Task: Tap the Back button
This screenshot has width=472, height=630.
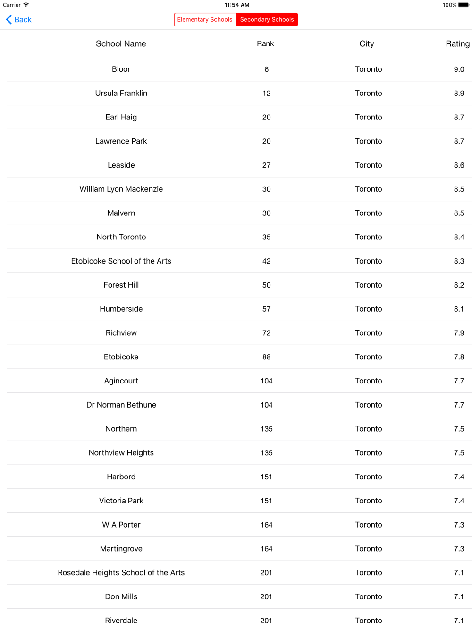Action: pyautogui.click(x=19, y=19)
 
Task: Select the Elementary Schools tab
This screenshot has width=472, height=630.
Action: pyautogui.click(x=205, y=19)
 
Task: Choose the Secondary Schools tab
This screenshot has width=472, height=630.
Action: pyautogui.click(x=267, y=19)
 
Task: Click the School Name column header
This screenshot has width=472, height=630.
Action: pyautogui.click(x=121, y=43)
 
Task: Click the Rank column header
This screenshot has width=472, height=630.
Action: pyautogui.click(x=265, y=43)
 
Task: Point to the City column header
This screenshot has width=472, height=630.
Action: pyautogui.click(x=367, y=43)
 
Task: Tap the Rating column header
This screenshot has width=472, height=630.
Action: pyautogui.click(x=457, y=43)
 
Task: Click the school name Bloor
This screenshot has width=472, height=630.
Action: pyautogui.click(x=121, y=69)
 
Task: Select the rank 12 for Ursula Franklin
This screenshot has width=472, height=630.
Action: pyautogui.click(x=266, y=93)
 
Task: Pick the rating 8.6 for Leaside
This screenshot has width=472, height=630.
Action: pyautogui.click(x=459, y=165)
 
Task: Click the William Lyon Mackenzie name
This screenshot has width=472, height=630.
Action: pyautogui.click(x=121, y=189)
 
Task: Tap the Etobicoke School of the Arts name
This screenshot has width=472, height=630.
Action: pyautogui.click(x=121, y=261)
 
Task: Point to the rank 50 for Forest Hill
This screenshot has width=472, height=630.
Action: pyautogui.click(x=266, y=285)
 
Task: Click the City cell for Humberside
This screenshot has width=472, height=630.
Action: pyautogui.click(x=369, y=309)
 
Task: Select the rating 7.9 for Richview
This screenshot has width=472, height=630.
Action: pyautogui.click(x=459, y=333)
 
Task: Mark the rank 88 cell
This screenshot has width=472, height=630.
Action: pyautogui.click(x=266, y=357)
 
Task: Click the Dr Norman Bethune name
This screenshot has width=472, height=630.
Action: pyautogui.click(x=121, y=405)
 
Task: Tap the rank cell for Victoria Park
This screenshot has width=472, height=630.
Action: pyautogui.click(x=266, y=501)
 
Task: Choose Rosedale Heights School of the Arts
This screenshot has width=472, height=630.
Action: pyautogui.click(x=121, y=572)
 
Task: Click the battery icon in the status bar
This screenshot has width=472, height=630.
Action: pyautogui.click(x=464, y=5)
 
